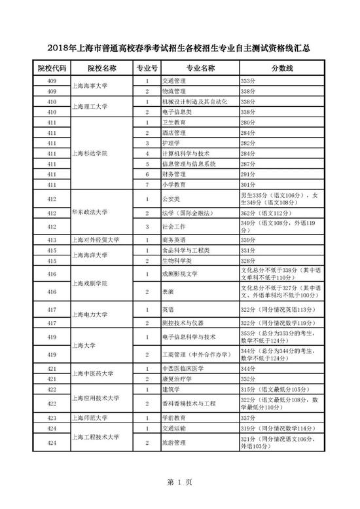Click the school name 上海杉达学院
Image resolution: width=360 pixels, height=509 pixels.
point(91,153)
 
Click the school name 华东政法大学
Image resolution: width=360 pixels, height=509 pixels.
point(91,212)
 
